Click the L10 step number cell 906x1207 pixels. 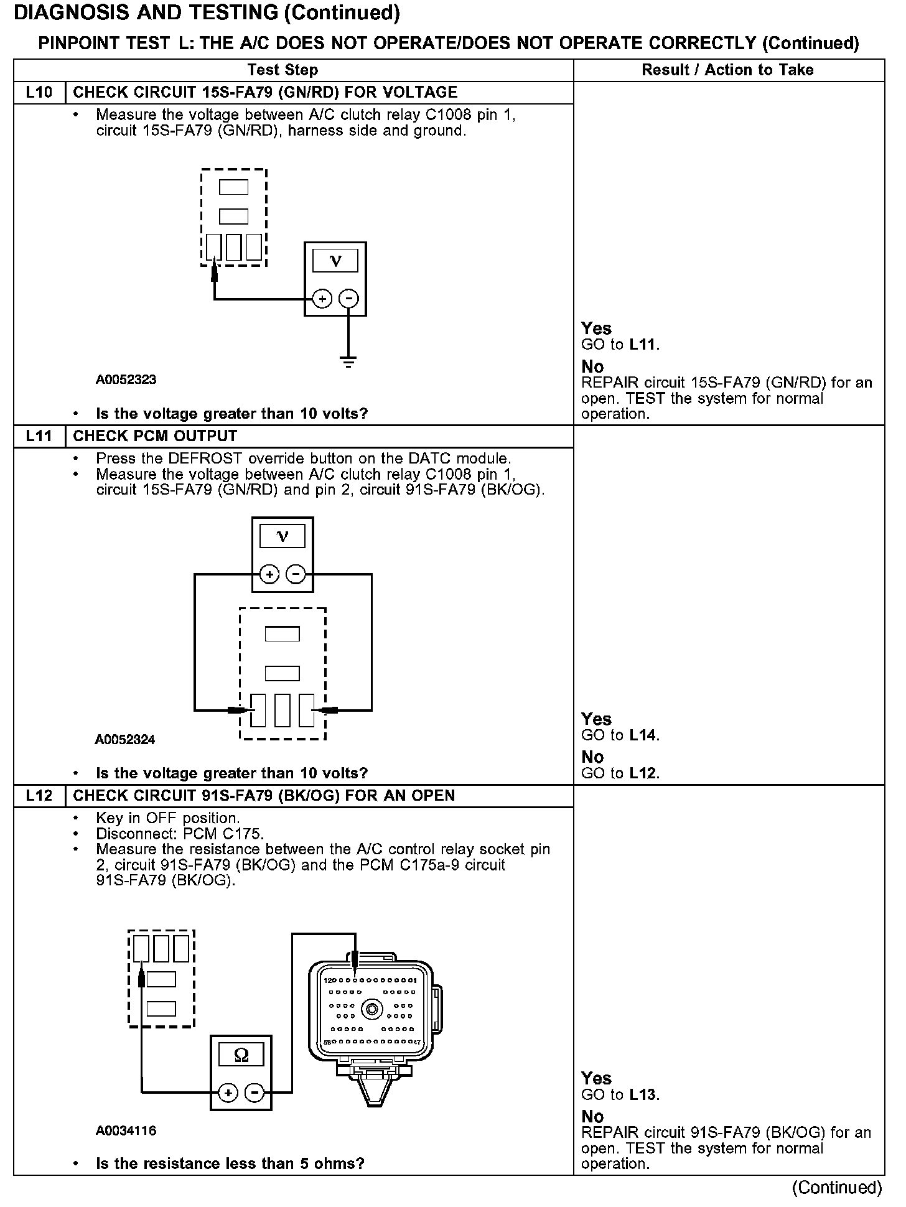point(39,93)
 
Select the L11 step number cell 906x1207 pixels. point(39,436)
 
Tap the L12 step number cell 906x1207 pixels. point(39,796)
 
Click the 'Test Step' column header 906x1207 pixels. point(283,70)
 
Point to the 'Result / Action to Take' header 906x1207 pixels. point(727,70)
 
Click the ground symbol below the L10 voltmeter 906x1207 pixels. point(348,361)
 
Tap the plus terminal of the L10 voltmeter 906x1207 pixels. point(322,299)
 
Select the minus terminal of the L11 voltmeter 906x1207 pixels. point(296,574)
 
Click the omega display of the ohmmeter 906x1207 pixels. point(241,1055)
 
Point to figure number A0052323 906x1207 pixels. point(126,380)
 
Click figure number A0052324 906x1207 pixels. point(125,740)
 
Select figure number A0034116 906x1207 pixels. point(126,1130)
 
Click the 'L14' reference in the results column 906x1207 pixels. point(643,735)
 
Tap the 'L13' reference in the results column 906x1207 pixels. point(643,1095)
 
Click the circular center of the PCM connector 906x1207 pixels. point(371,1009)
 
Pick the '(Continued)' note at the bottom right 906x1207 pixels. point(836,1188)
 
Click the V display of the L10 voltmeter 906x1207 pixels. point(335,261)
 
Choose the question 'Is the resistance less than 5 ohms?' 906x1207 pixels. point(230,1163)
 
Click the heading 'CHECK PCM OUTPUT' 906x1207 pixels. point(155,436)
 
